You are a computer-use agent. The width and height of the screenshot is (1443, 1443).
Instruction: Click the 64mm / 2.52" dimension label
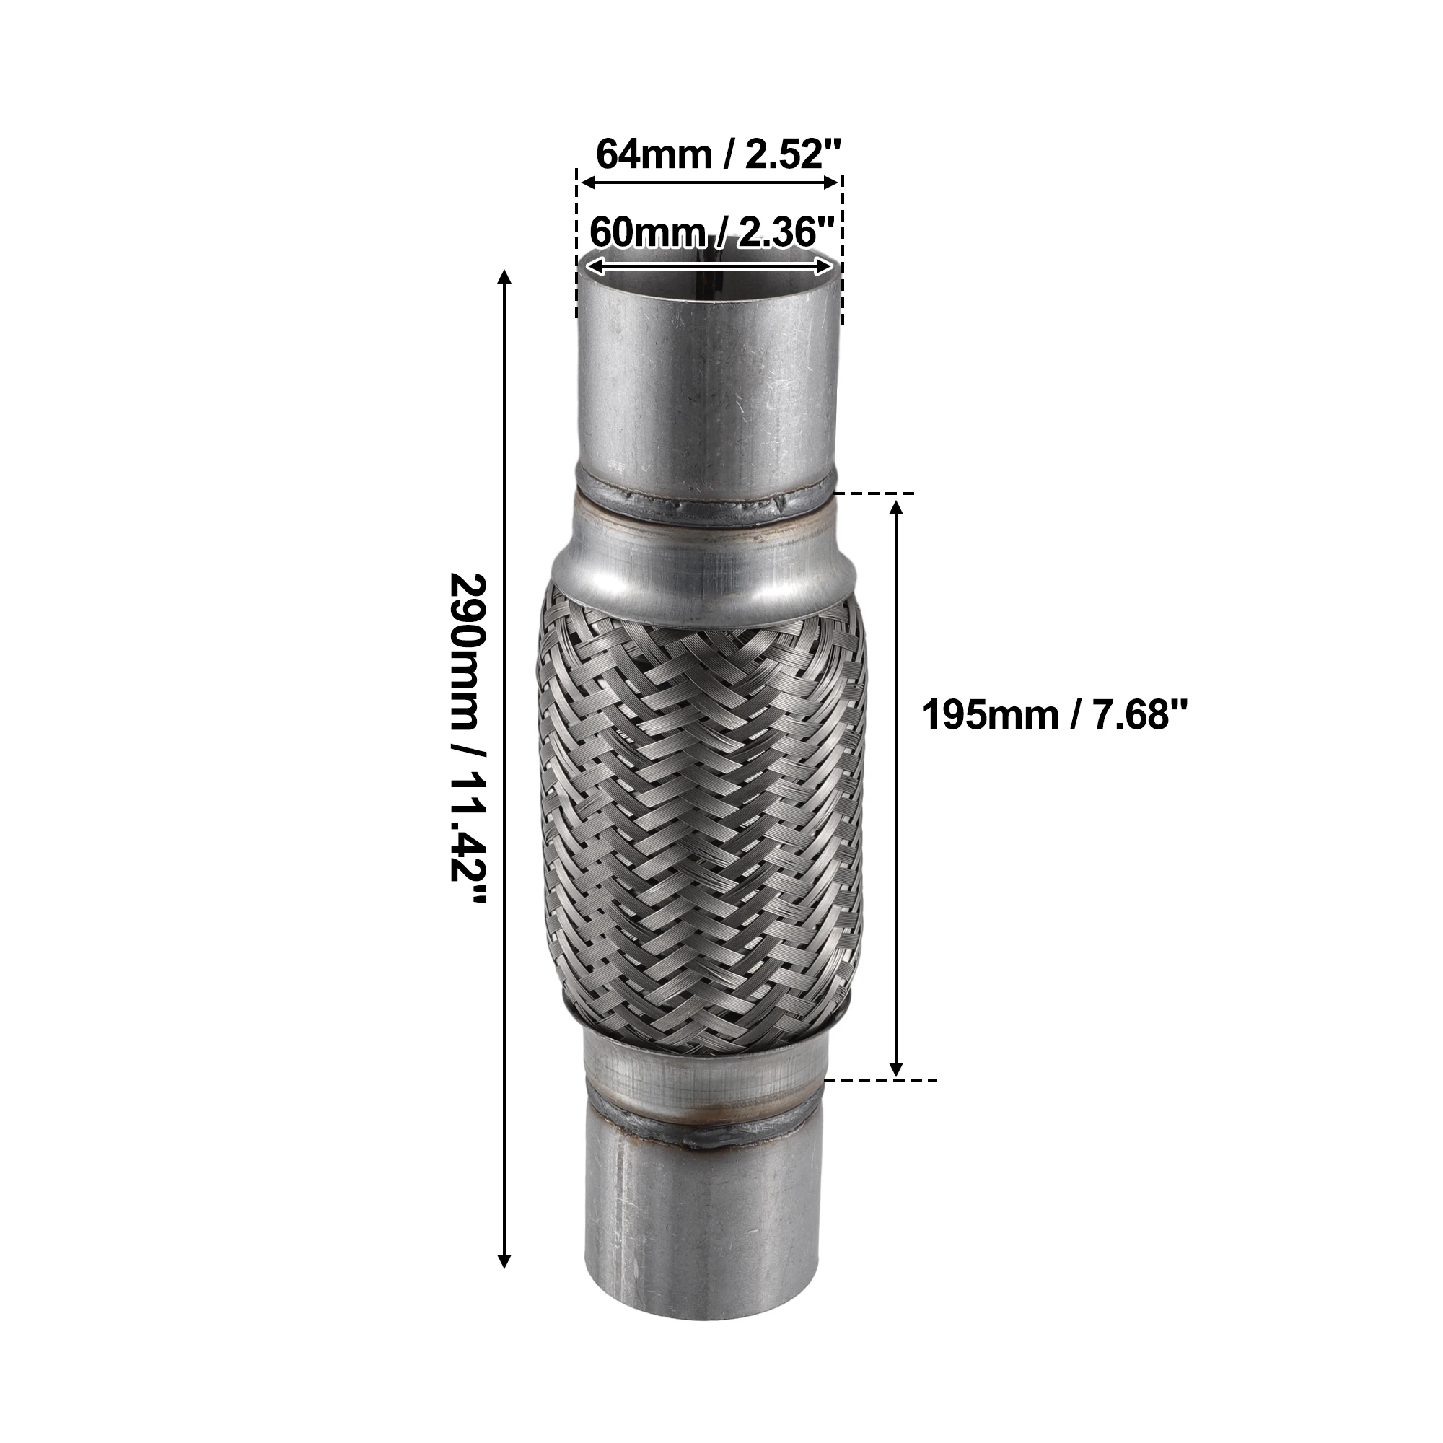coord(718,154)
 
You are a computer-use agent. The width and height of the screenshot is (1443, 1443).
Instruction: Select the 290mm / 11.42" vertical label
coord(468,738)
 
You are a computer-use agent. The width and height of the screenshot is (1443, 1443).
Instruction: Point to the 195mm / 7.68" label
coord(1054,716)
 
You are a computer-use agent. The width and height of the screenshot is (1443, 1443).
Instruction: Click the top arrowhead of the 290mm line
coord(505,278)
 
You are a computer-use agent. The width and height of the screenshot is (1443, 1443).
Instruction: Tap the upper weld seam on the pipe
coord(706,503)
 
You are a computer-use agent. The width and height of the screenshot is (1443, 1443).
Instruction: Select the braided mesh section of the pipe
coord(702,814)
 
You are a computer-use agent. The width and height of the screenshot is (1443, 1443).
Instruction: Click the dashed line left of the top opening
coord(577,247)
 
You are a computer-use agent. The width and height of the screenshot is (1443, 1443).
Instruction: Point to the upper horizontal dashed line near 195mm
coord(874,494)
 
